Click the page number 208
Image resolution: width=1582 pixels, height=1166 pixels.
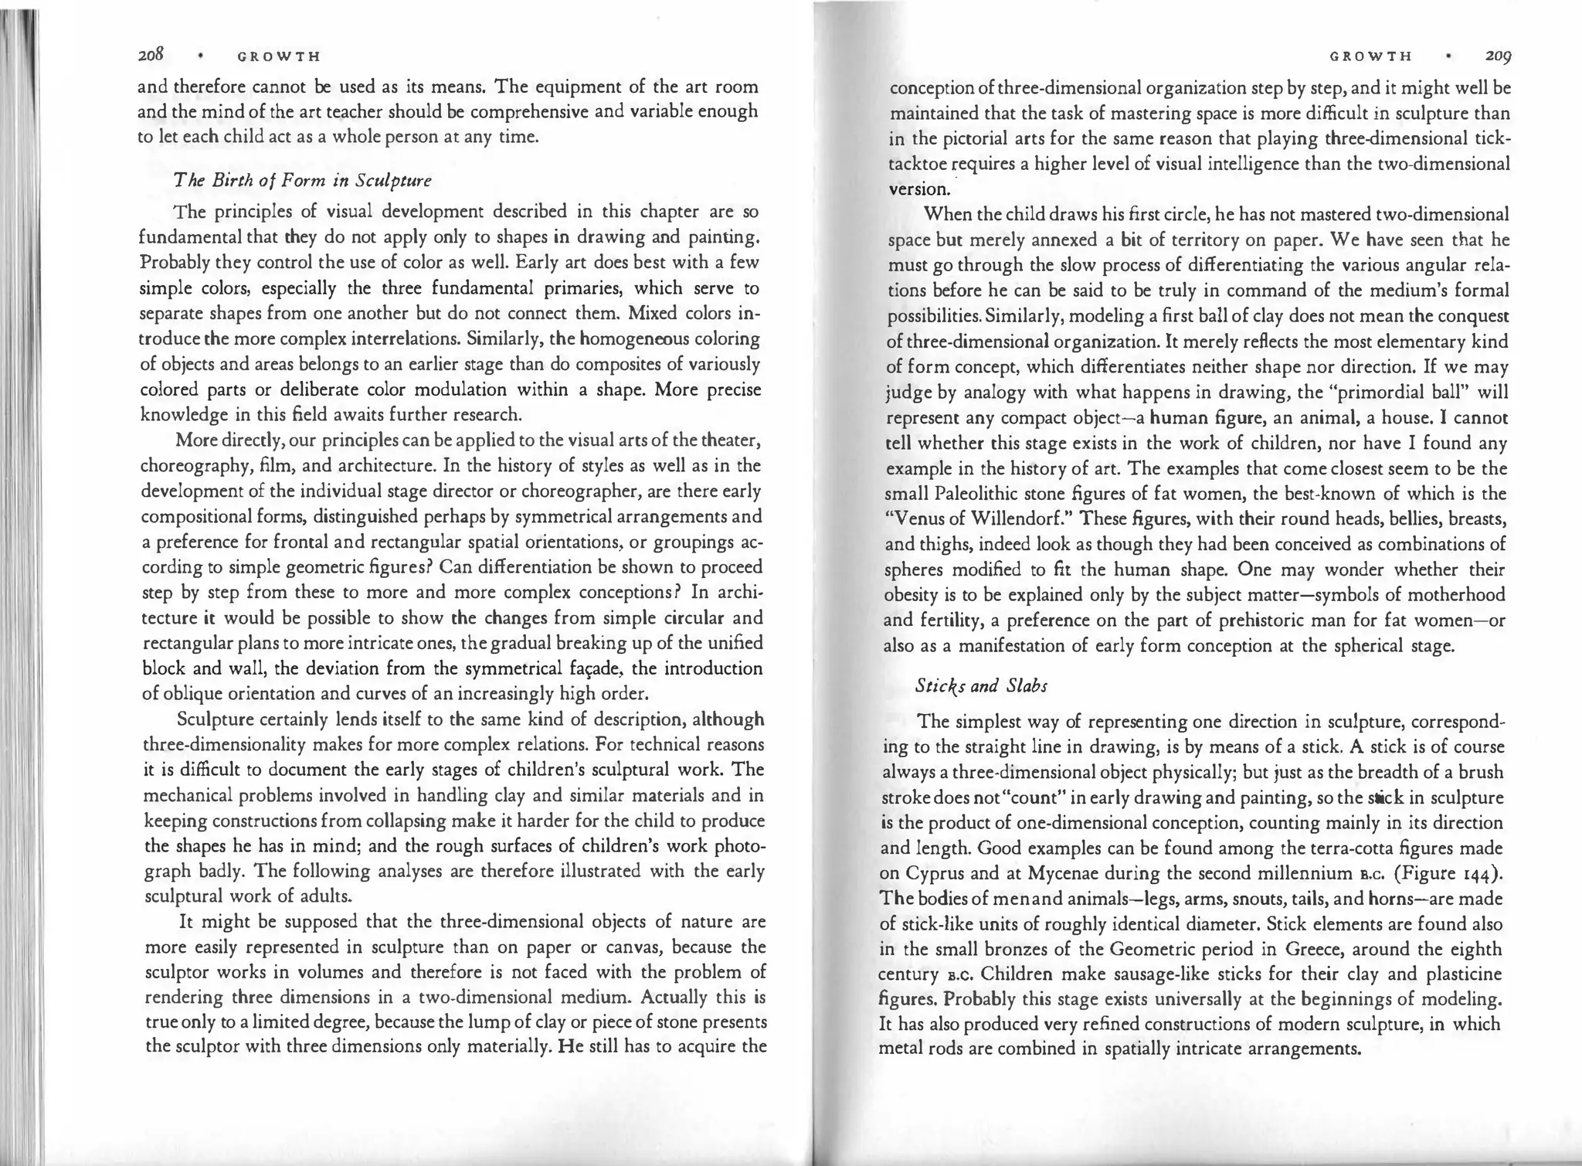[149, 56]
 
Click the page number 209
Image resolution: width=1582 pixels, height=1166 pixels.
[1496, 56]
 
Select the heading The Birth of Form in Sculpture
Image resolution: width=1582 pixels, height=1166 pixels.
[303, 181]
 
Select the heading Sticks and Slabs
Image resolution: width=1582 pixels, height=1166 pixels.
[981, 685]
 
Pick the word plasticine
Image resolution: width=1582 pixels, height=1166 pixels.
[1461, 974]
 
